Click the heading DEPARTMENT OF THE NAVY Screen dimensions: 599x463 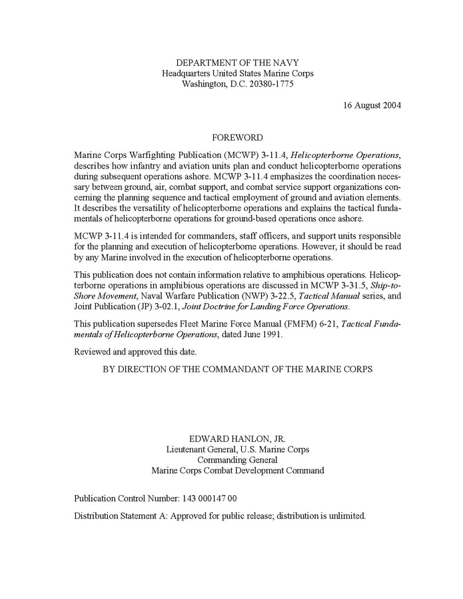pos(238,63)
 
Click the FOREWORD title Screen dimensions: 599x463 pos(237,138)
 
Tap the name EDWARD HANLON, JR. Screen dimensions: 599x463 pos(238,438)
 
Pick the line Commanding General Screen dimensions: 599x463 pos(238,460)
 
